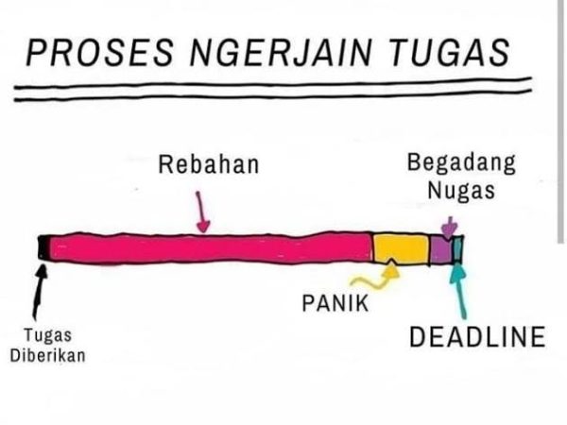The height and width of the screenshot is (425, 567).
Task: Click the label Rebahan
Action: [207, 166]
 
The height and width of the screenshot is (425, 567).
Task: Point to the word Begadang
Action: [461, 162]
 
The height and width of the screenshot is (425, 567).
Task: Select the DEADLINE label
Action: [477, 336]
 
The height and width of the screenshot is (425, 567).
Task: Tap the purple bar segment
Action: [441, 249]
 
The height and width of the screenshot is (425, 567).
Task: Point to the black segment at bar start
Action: [43, 248]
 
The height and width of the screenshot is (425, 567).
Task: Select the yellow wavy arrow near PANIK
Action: [374, 277]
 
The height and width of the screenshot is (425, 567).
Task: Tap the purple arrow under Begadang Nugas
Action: [450, 228]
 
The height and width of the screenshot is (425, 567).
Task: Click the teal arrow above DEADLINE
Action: [460, 289]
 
